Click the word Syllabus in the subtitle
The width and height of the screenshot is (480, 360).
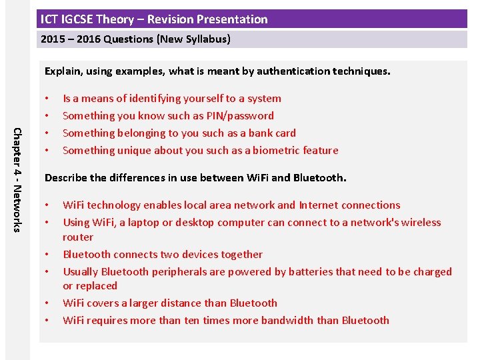pos(207,39)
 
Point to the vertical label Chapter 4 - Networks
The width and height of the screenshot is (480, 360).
pos(19,179)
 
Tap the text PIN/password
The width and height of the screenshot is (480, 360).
pos(240,115)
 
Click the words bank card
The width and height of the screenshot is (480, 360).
pos(272,133)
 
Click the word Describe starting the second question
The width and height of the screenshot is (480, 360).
pos(65,177)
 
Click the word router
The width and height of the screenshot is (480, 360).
pos(78,237)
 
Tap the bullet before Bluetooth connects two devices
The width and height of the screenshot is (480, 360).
pos(47,254)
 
